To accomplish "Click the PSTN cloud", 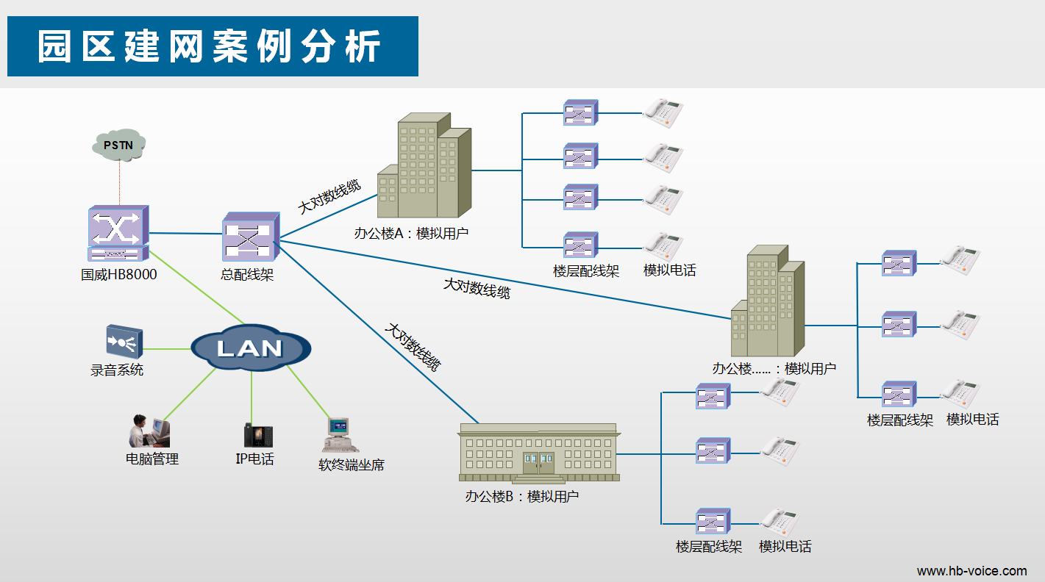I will pyautogui.click(x=118, y=145).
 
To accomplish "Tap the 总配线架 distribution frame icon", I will pyautogui.click(x=250, y=237).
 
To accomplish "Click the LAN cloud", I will pyautogui.click(x=250, y=348).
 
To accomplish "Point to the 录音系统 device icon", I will pyautogui.click(x=123, y=341).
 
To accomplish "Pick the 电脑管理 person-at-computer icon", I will pyautogui.click(x=149, y=431).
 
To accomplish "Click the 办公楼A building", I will pyautogui.click(x=424, y=168).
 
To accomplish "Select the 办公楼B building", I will pyautogui.click(x=538, y=453).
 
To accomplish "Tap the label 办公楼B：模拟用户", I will pyautogui.click(x=522, y=496).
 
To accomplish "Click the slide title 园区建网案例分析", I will pyautogui.click(x=210, y=46).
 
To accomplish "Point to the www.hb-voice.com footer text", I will pyautogui.click(x=971, y=571).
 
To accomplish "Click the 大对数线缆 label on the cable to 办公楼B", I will pyautogui.click(x=413, y=345).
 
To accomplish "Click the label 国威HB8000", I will pyautogui.click(x=119, y=275).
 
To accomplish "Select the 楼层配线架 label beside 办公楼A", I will pyautogui.click(x=586, y=271).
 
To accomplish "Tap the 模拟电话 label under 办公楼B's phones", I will pyautogui.click(x=785, y=547).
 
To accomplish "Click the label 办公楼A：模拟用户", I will pyautogui.click(x=411, y=234).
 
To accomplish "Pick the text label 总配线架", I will pyautogui.click(x=247, y=275).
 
